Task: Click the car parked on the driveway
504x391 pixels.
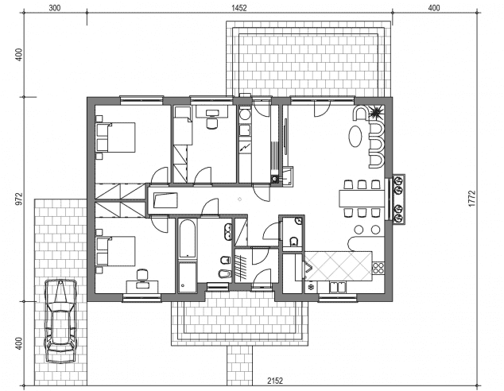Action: pyautogui.click(x=60, y=321)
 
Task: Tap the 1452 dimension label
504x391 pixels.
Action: pyautogui.click(x=239, y=8)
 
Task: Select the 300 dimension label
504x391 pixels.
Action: pyautogui.click(x=55, y=8)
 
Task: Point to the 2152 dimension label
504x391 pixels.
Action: pyautogui.click(x=275, y=381)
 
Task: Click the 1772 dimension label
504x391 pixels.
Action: pyautogui.click(x=472, y=199)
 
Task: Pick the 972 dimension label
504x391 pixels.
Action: pyautogui.click(x=20, y=199)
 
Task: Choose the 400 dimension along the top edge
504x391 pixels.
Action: pyautogui.click(x=434, y=8)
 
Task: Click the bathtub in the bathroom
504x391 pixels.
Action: pyautogui.click(x=187, y=239)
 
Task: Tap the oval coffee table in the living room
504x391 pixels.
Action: pyautogui.click(x=355, y=136)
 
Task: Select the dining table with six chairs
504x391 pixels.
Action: pyautogui.click(x=362, y=198)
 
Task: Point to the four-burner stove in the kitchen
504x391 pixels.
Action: pyautogui.click(x=378, y=269)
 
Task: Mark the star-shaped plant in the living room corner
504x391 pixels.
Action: pyautogui.click(x=375, y=113)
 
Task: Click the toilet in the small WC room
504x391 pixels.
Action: pyautogui.click(x=293, y=242)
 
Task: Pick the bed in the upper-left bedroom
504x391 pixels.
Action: pyautogui.click(x=116, y=137)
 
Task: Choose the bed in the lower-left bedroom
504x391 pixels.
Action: pyautogui.click(x=116, y=251)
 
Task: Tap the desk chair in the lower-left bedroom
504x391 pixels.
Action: pyautogui.click(x=142, y=275)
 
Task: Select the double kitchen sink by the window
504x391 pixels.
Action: pyautogui.click(x=338, y=287)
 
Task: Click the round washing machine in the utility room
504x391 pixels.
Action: pyautogui.click(x=246, y=115)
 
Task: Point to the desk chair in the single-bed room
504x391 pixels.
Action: pyautogui.click(x=211, y=123)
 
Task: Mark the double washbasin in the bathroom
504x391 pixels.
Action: pyautogui.click(x=228, y=232)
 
